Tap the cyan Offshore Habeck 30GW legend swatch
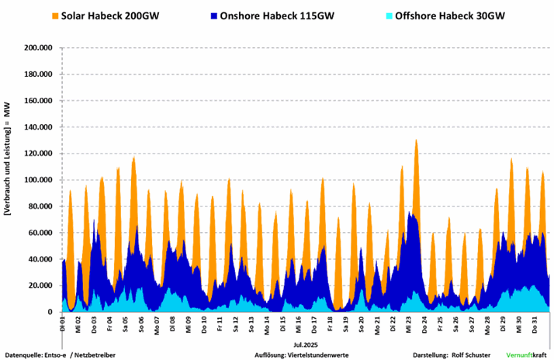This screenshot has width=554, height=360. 390,16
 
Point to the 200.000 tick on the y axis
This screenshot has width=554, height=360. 37,48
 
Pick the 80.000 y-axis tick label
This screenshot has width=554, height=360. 40,206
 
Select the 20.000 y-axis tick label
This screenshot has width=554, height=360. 40,286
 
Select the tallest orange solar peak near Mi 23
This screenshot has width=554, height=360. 417,142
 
